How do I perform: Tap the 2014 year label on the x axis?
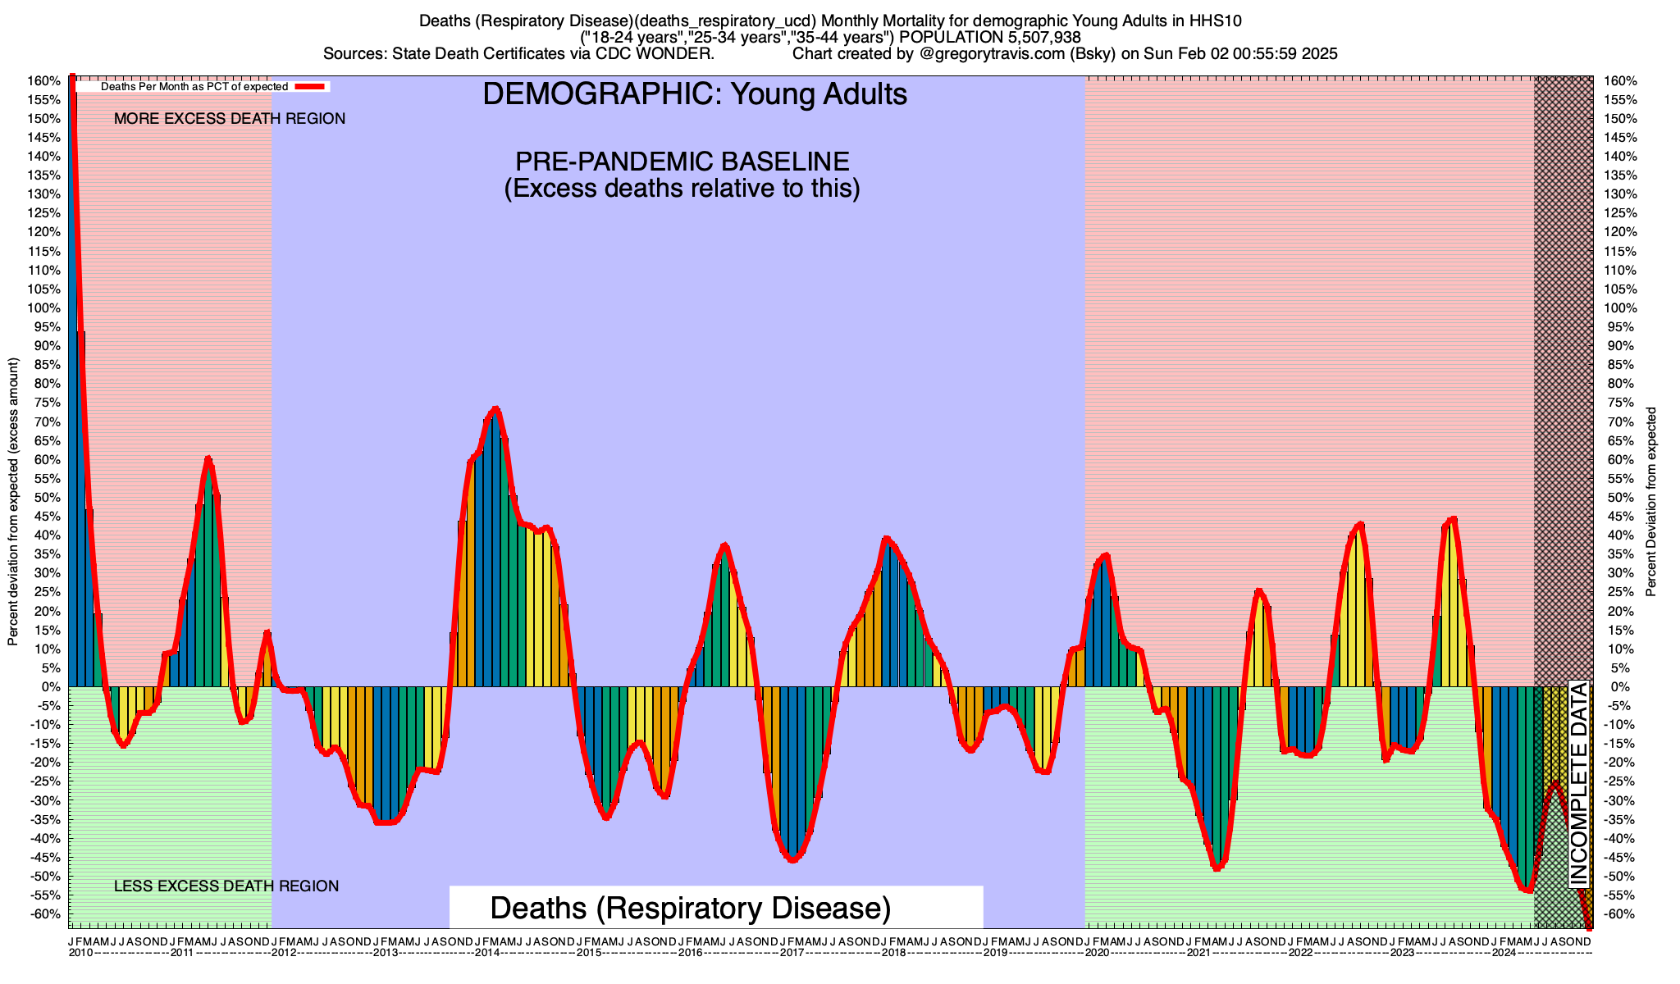point(487,953)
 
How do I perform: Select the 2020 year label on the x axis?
point(1097,953)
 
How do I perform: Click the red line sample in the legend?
point(312,86)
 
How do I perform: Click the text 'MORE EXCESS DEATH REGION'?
point(230,119)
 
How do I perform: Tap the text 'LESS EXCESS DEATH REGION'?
point(226,886)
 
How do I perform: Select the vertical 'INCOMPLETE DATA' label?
point(1578,783)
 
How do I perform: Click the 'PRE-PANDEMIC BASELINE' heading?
point(682,161)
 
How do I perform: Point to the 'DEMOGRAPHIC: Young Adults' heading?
point(695,94)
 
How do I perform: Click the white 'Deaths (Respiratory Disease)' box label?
point(690,909)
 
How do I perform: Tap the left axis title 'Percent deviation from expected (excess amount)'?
point(13,500)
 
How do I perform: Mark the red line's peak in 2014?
point(495,408)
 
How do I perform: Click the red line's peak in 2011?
point(208,458)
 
